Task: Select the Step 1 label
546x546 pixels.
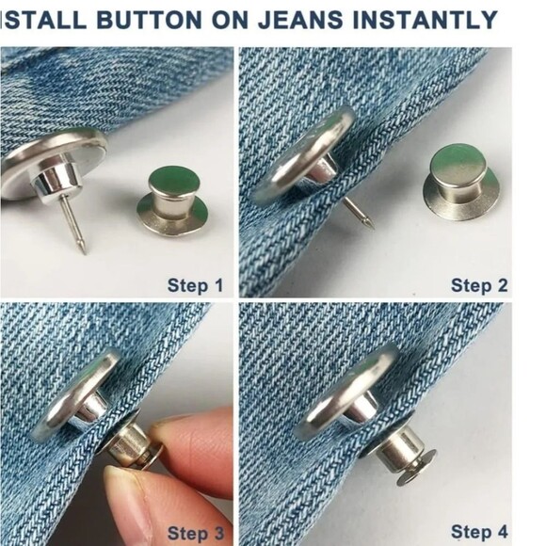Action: (x=195, y=284)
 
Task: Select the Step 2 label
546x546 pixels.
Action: (x=478, y=284)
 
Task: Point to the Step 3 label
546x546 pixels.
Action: (x=195, y=533)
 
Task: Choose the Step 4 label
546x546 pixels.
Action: (x=478, y=533)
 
